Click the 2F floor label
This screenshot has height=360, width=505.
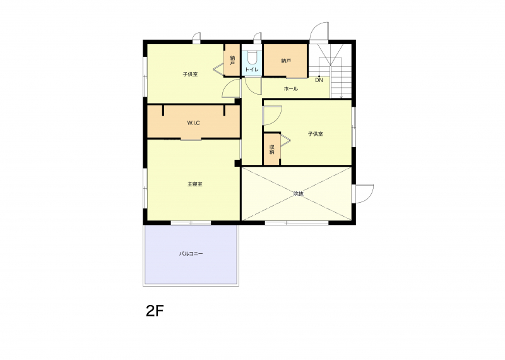pyautogui.click(x=155, y=311)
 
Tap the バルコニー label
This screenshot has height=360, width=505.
pyautogui.click(x=191, y=254)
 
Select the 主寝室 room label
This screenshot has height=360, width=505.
pyautogui.click(x=195, y=184)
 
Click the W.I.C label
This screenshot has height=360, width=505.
pyautogui.click(x=194, y=123)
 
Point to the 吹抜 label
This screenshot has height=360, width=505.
pyautogui.click(x=299, y=194)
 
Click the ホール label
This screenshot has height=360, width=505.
pyautogui.click(x=290, y=88)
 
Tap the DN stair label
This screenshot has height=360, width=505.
pyautogui.click(x=319, y=80)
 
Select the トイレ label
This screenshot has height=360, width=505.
pyautogui.click(x=252, y=69)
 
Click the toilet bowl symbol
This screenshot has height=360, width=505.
pyautogui.click(x=252, y=58)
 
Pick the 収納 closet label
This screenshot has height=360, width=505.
pyautogui.click(x=272, y=149)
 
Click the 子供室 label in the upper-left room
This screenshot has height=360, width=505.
pyautogui.click(x=190, y=74)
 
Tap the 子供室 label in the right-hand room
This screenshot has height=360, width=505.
pyautogui.click(x=315, y=134)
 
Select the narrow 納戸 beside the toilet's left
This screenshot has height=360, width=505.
pyautogui.click(x=232, y=60)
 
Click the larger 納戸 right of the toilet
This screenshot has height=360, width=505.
pyautogui.click(x=286, y=61)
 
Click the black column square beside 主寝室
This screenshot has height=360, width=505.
pyautogui.click(x=237, y=163)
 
